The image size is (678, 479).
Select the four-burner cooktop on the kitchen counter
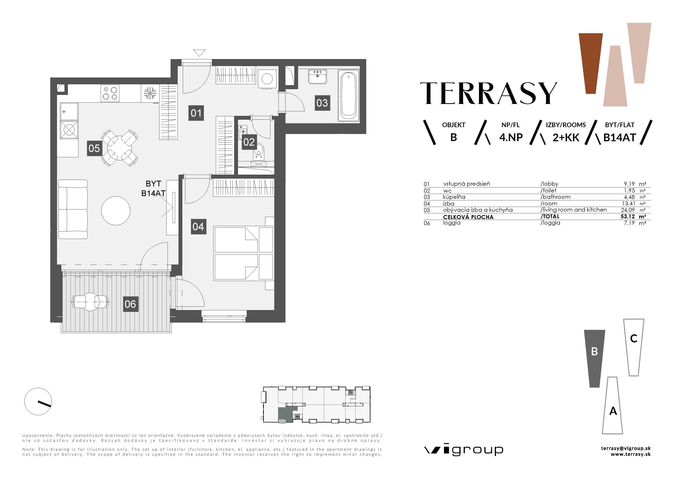(x=110, y=93)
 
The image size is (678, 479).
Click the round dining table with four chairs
(x=119, y=148)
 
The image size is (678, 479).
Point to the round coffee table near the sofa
(x=116, y=211)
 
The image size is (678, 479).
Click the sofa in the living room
(x=73, y=209)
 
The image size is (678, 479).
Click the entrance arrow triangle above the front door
(x=199, y=53)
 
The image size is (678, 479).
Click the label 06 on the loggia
(x=130, y=304)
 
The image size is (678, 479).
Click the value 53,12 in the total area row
(x=628, y=216)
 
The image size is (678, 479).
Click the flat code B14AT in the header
(x=619, y=138)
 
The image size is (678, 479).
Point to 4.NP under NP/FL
(x=511, y=138)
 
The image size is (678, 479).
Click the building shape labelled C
(x=633, y=347)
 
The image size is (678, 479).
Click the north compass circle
(x=38, y=401)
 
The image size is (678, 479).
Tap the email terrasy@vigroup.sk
(x=626, y=448)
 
